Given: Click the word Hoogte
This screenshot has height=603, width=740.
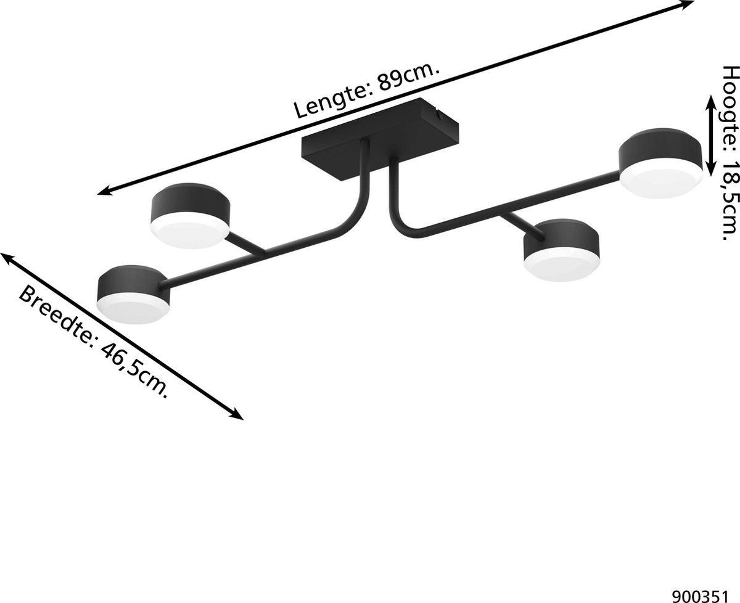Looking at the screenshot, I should coord(731,99).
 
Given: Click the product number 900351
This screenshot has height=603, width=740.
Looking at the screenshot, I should coord(707,593).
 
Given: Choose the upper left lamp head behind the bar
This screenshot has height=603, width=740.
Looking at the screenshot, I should coord(190,216).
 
